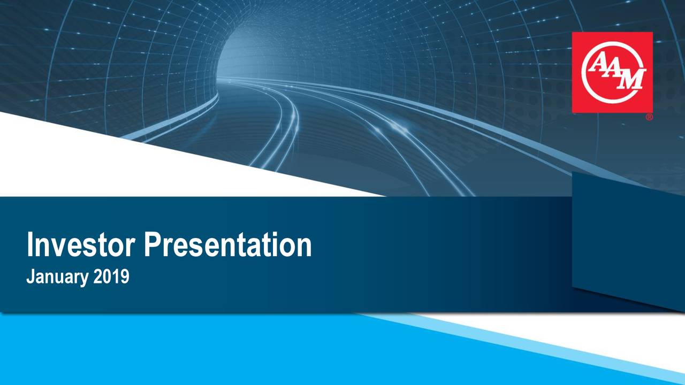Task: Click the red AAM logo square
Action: pos(612,72)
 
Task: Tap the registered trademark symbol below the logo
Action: pos(649,117)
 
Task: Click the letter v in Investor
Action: pos(58,246)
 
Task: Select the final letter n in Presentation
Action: pos(303,246)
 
